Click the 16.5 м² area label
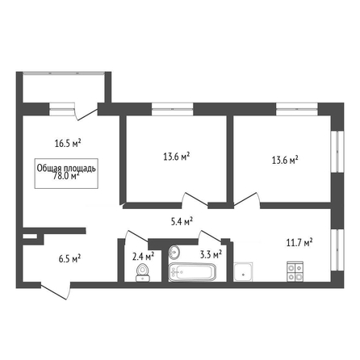[x=68, y=143]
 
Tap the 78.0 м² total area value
[x=66, y=177]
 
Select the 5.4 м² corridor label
[x=182, y=221]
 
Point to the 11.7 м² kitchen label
[x=299, y=243]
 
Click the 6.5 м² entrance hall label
[x=69, y=259]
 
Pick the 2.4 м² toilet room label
[x=143, y=257]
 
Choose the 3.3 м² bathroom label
[x=211, y=254]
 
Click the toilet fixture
[x=143, y=273]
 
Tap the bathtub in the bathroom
[x=192, y=272]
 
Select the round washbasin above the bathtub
[x=174, y=252]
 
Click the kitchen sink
[x=243, y=272]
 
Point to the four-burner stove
[x=295, y=271]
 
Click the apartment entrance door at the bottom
[x=56, y=291]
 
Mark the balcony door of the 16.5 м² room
[x=86, y=114]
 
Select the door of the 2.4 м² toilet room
[x=136, y=237]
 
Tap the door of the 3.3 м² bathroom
[x=210, y=236]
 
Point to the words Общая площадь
[x=66, y=168]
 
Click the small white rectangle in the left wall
[x=30, y=237]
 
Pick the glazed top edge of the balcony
[x=64, y=73]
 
